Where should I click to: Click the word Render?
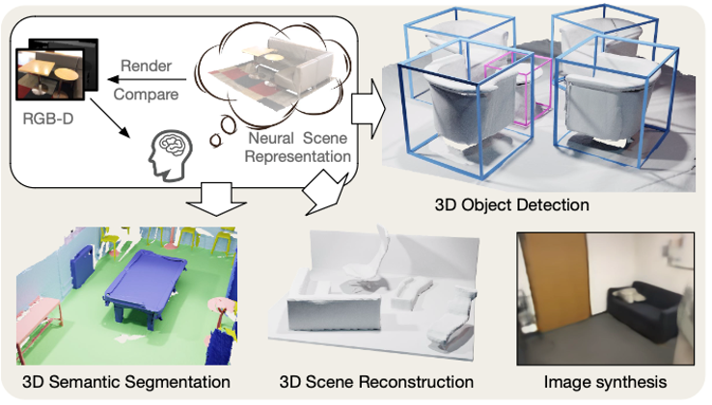(146, 66)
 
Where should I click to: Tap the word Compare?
(146, 94)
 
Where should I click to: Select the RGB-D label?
(48, 119)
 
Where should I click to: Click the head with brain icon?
(170, 155)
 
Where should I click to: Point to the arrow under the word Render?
(147, 80)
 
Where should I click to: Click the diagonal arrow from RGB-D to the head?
(110, 118)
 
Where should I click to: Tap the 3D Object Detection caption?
(511, 204)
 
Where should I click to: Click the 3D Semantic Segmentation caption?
(125, 382)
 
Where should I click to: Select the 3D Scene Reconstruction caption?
(376, 382)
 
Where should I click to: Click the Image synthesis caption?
(605, 382)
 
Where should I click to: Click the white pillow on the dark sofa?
(629, 295)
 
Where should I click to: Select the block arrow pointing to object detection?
(369, 109)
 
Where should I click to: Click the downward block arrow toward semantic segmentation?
(216, 199)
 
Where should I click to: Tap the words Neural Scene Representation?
(298, 148)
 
